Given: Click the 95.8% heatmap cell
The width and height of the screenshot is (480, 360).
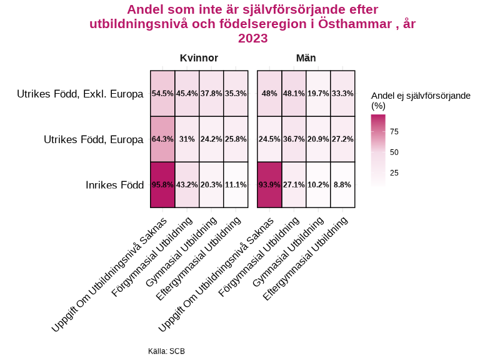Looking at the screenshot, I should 162,184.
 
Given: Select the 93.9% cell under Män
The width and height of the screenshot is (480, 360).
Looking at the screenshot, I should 269,184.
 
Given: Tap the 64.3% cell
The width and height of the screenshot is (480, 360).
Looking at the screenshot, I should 162,139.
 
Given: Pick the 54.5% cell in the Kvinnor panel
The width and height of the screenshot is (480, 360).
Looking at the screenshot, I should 162,93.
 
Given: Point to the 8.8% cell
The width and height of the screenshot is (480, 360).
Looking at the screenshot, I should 342,184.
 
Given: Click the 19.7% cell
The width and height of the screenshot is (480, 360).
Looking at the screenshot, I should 318,93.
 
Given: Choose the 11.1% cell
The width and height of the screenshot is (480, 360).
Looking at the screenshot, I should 236,184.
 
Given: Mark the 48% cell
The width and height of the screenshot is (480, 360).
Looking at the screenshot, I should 269,93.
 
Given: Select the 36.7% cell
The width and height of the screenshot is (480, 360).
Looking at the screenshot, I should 294,139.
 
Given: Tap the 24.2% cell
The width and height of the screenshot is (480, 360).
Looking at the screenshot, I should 211,139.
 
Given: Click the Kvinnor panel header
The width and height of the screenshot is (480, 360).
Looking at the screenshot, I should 199,58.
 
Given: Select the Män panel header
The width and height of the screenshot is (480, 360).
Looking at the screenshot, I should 306,58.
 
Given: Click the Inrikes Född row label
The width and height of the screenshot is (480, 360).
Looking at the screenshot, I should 114,185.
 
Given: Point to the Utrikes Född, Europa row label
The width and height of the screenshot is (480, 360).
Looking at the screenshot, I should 93,139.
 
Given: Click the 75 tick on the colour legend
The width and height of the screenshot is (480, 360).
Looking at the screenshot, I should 394,131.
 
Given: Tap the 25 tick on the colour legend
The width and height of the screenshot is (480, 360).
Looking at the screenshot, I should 394,172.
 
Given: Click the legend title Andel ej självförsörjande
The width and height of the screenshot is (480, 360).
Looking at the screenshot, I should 420,96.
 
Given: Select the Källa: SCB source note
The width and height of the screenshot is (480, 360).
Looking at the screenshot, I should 166,351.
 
